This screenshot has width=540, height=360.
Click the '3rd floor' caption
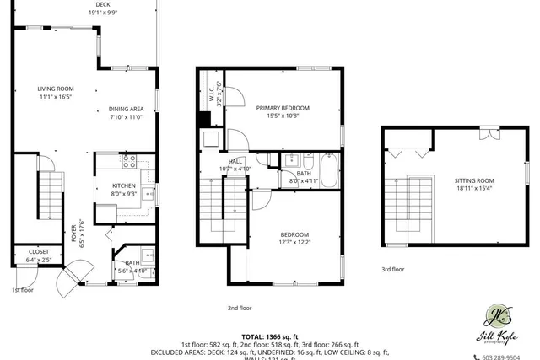click(392, 270)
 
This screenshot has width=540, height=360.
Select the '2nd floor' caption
click(240, 309)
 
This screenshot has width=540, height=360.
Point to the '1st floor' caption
click(24, 290)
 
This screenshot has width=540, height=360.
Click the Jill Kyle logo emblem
click(496, 317)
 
